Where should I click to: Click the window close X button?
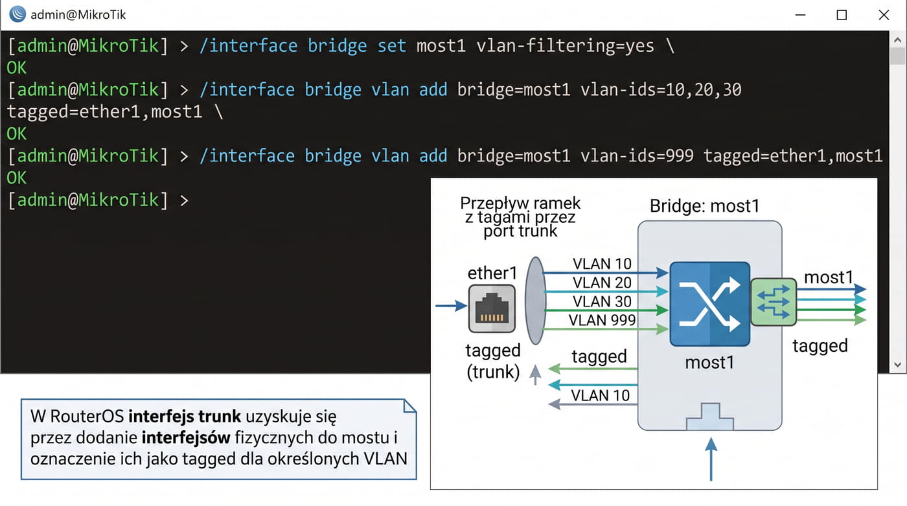pos(884,15)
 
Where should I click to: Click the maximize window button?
pos(842,15)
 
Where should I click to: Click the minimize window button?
pos(800,15)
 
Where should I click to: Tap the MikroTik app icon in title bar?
pos(17,14)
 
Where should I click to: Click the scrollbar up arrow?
pos(897,40)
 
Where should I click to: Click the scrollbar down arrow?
pos(897,365)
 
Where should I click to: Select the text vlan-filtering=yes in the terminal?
pos(565,46)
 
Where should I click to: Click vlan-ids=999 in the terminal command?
pos(636,156)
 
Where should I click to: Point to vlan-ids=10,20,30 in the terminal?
pos(660,90)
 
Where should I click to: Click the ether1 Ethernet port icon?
pos(492,308)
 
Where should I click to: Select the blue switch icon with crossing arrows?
pos(710,304)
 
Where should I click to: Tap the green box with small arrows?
pos(774,302)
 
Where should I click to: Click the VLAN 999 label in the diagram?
pos(602,320)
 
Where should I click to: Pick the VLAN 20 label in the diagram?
pos(602,282)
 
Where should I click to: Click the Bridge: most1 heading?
pos(705,206)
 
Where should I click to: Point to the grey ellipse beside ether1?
pos(536,301)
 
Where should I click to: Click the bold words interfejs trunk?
pos(185,416)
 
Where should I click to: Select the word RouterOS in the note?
pos(87,416)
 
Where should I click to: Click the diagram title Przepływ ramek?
pos(520,203)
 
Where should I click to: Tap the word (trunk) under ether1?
pos(493,372)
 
